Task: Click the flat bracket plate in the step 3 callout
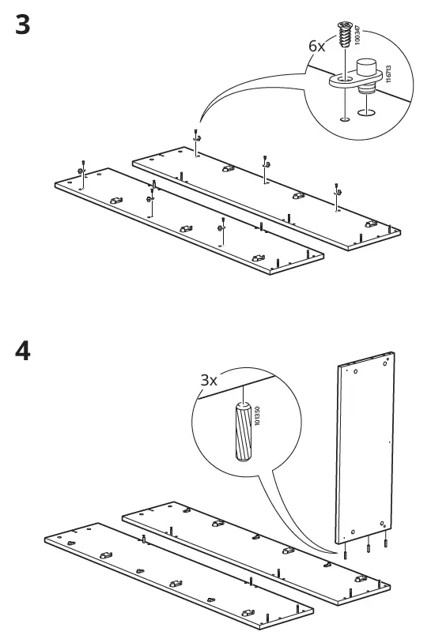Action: pos(348,81)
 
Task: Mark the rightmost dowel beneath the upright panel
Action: pos(385,543)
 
